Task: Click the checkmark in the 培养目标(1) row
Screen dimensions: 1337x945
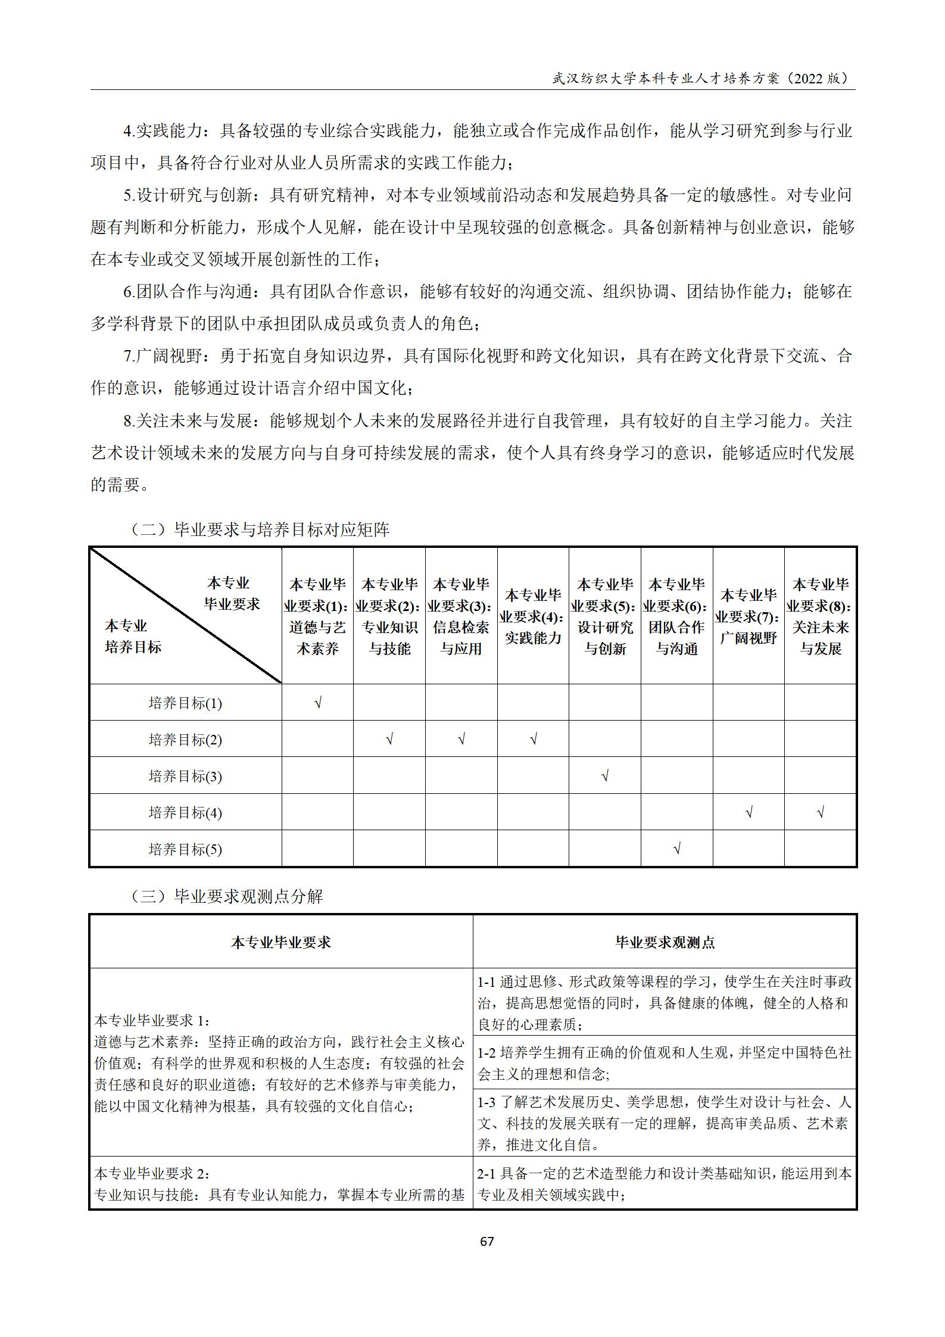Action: click(x=318, y=703)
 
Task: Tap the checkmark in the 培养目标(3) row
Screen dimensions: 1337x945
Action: click(x=605, y=776)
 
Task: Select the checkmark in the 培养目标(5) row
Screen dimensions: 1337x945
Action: click(x=676, y=849)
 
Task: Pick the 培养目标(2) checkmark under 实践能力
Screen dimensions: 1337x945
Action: click(x=533, y=740)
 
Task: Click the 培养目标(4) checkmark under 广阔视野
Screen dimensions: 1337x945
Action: click(x=748, y=812)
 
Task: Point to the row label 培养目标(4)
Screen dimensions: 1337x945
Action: click(x=185, y=812)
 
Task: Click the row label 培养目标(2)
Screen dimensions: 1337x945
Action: click(x=185, y=740)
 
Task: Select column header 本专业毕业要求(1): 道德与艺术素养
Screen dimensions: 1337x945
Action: click(x=317, y=616)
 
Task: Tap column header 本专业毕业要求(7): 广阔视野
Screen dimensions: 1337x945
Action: click(x=748, y=616)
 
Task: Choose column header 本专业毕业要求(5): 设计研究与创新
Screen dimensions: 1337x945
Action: click(x=605, y=616)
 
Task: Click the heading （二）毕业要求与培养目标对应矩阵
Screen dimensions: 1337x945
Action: click(x=260, y=529)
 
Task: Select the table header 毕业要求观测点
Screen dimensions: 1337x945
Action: click(x=665, y=942)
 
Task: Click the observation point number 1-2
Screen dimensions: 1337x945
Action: click(x=487, y=1052)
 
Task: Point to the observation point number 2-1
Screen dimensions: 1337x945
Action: click(x=487, y=1174)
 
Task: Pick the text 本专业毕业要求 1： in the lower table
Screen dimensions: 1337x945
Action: click(x=152, y=1020)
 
